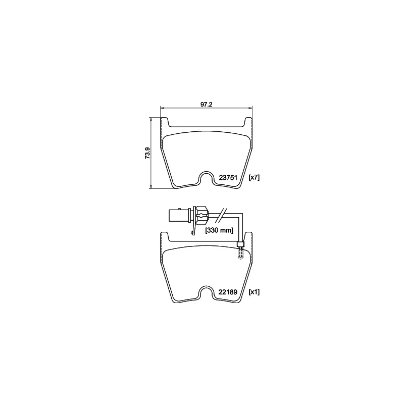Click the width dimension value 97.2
[206, 105]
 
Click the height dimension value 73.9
[147, 153]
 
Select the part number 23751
[228, 178]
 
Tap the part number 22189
[228, 292]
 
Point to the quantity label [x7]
[254, 177]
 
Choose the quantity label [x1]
[254, 292]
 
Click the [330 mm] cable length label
[219, 230]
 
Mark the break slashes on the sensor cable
[221, 215]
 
